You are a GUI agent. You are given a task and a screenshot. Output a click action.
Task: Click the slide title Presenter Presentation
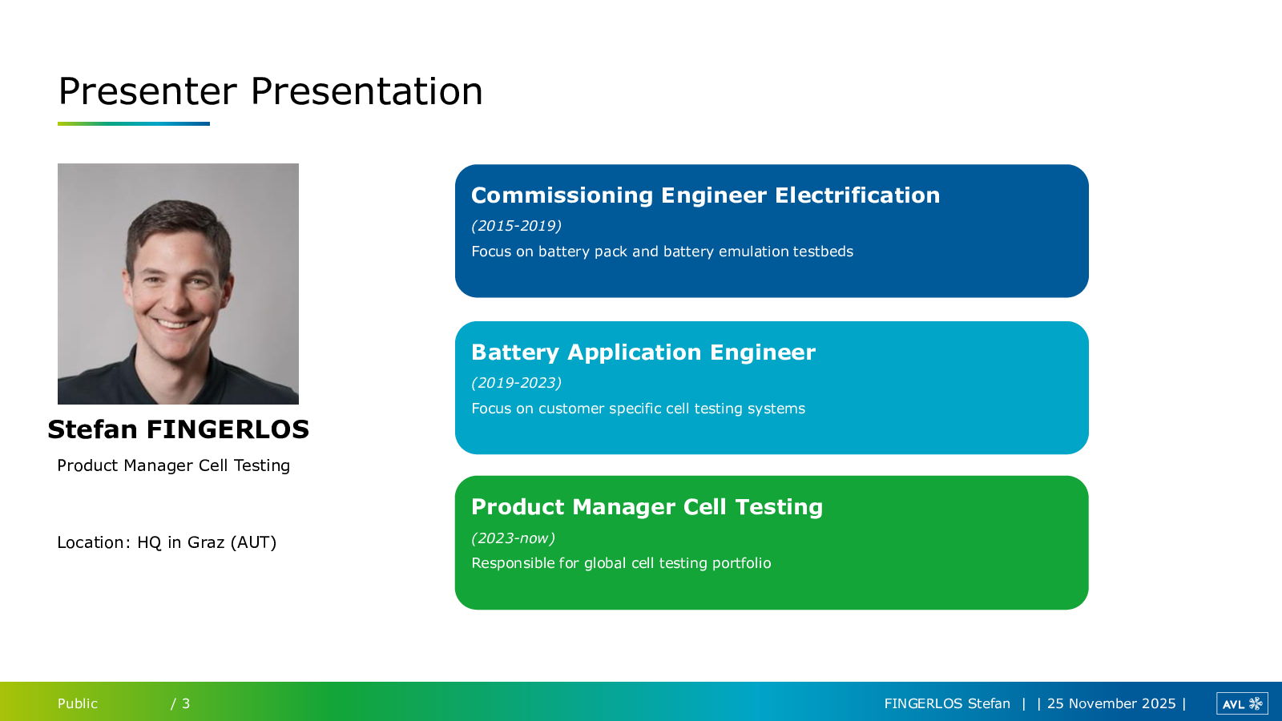pyautogui.click(x=271, y=91)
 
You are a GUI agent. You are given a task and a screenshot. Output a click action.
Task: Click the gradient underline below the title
pyautogui.click(x=133, y=123)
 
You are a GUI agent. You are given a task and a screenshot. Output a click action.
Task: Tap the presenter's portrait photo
pyautogui.click(x=178, y=284)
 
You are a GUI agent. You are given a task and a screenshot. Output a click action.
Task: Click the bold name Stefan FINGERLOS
pyautogui.click(x=178, y=429)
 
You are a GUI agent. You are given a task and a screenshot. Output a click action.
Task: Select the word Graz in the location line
pyautogui.click(x=206, y=542)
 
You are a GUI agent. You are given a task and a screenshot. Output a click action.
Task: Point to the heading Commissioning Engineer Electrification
pyautogui.click(x=705, y=195)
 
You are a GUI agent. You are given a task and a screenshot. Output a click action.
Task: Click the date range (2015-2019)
pyautogui.click(x=516, y=225)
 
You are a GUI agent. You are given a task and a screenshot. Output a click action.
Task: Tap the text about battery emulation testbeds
pyautogui.click(x=662, y=252)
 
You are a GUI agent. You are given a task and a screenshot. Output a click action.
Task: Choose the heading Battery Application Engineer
pyautogui.click(x=643, y=352)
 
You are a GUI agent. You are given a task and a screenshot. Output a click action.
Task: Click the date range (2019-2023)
pyautogui.click(x=516, y=382)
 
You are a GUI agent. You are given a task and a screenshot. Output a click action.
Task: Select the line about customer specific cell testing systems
pyautogui.click(x=638, y=409)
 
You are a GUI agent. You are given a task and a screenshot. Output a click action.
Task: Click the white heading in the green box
pyautogui.click(x=647, y=507)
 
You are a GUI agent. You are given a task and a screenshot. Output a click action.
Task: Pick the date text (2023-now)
pyautogui.click(x=513, y=538)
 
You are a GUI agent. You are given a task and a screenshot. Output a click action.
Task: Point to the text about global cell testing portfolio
pyautogui.click(x=621, y=563)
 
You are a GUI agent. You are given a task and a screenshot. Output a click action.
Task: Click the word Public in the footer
pyautogui.click(x=77, y=703)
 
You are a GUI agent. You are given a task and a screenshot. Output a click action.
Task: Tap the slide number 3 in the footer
pyautogui.click(x=186, y=703)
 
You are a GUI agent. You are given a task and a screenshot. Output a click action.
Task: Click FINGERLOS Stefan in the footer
pyautogui.click(x=947, y=703)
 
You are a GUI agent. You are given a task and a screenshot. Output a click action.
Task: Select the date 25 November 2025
pyautogui.click(x=1111, y=703)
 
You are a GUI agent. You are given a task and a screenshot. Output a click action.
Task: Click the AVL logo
pyautogui.click(x=1242, y=703)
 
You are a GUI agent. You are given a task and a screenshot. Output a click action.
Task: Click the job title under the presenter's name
pyautogui.click(x=173, y=465)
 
